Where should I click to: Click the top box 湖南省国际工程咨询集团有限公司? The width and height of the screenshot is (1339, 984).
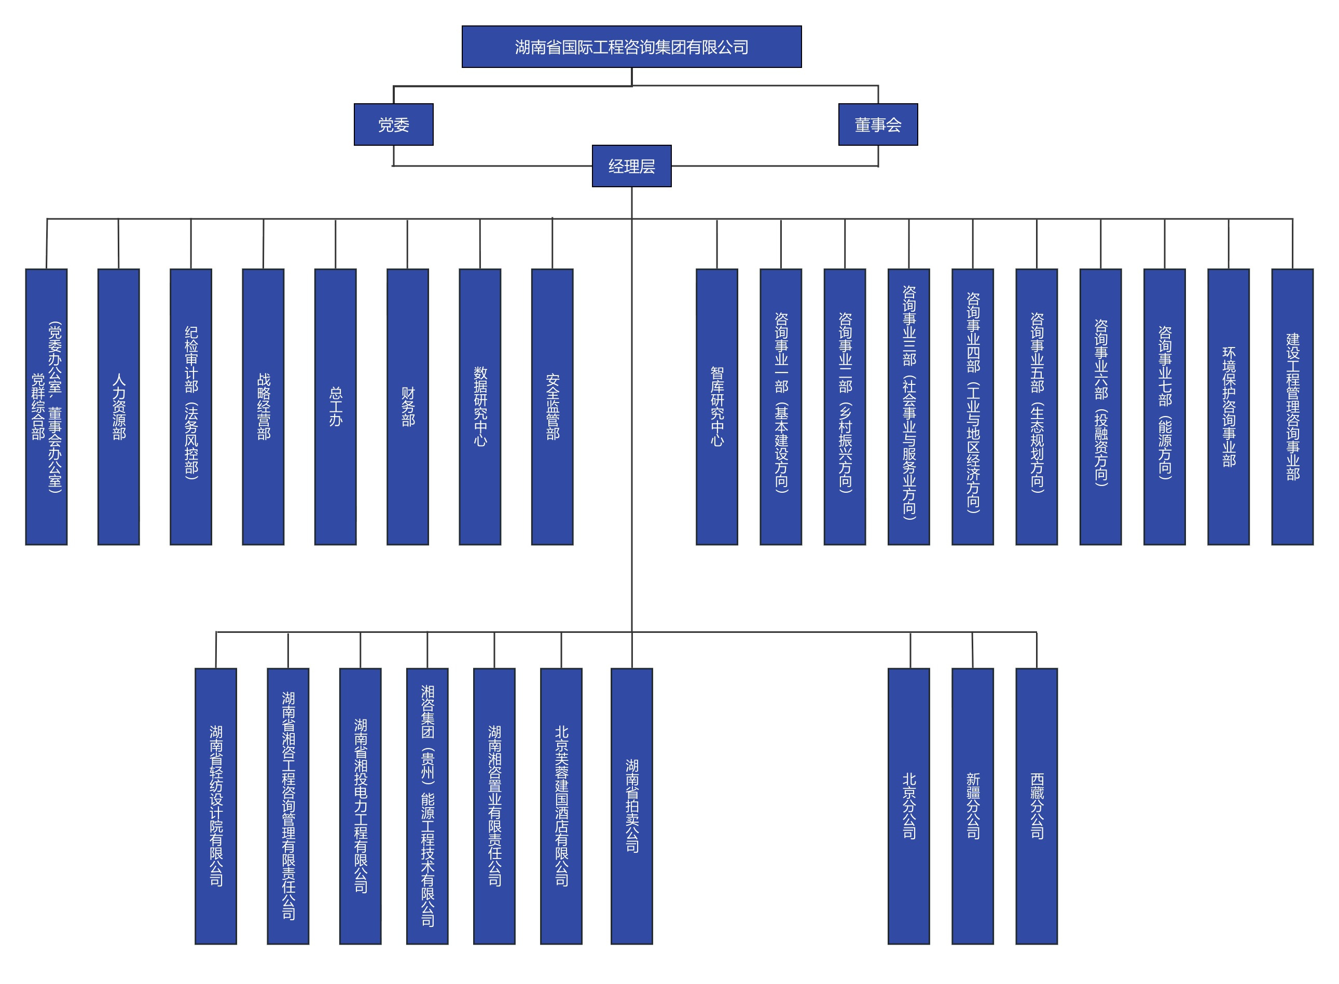pos(631,47)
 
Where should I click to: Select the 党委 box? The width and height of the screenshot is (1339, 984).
pos(393,124)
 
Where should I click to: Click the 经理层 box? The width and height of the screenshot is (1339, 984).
pos(631,166)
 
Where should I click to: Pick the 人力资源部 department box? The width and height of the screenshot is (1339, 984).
pos(118,407)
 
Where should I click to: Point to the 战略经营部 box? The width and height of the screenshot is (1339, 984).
pos(263,407)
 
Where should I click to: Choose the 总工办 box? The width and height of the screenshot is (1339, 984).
pos(335,407)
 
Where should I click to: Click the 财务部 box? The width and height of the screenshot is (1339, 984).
pos(407,407)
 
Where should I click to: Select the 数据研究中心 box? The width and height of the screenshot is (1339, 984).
pos(480,407)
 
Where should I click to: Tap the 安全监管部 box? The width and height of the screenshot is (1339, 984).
pos(552,407)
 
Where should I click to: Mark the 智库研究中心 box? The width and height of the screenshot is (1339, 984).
pos(716,407)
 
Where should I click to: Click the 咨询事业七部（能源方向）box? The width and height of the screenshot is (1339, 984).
pos(1165,407)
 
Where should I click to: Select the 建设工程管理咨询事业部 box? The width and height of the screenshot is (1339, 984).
pos(1292,407)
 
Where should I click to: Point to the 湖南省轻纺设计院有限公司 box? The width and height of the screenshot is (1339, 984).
pos(216,806)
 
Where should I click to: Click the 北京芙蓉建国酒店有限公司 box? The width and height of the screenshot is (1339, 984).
pos(561,806)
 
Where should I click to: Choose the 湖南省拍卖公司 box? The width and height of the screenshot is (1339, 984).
pos(631,806)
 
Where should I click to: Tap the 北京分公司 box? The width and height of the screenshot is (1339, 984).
pos(908,806)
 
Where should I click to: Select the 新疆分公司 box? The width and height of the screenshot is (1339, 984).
pos(973,806)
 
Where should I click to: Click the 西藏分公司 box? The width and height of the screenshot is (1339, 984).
pos(1037,806)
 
